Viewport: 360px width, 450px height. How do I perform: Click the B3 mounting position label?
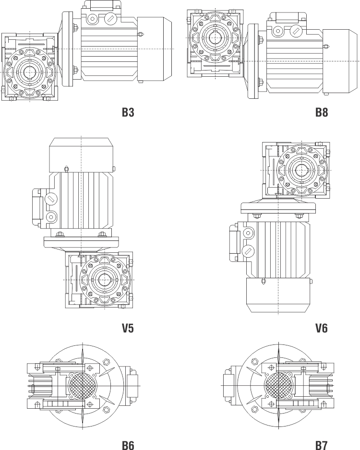click(128, 112)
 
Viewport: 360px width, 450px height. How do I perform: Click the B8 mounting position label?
click(322, 112)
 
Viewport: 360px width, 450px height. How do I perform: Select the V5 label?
click(128, 328)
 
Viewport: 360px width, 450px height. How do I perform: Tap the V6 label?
click(322, 328)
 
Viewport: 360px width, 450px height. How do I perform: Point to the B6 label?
click(128, 445)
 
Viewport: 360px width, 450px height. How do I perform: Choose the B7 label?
click(322, 445)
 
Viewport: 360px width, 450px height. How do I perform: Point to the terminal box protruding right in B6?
click(132, 385)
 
